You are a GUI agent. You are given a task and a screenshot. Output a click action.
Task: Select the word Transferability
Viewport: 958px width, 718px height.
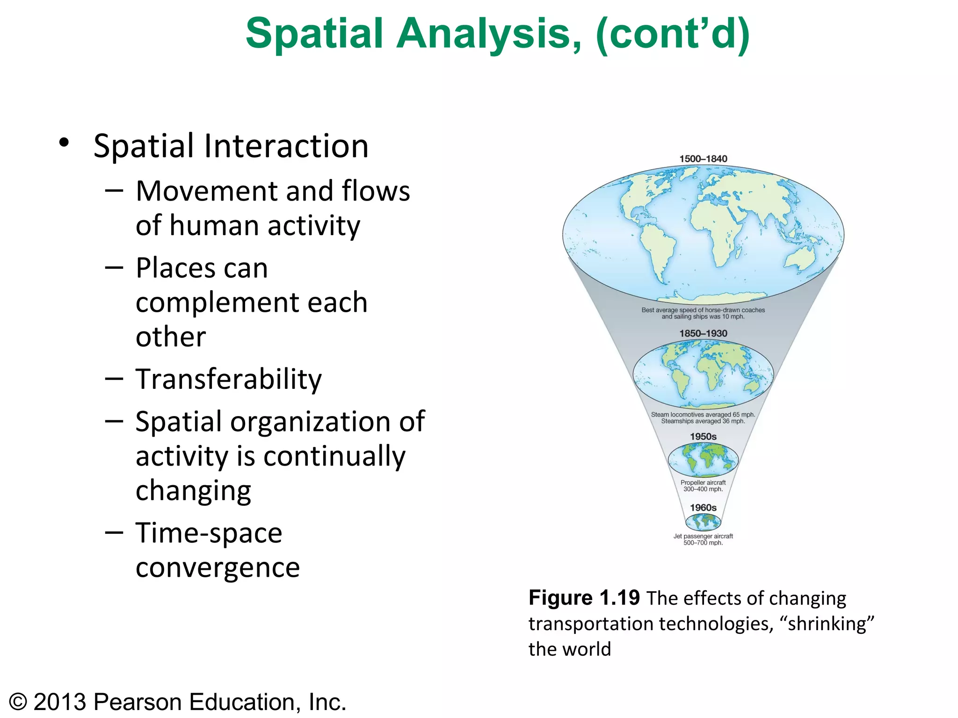point(228,379)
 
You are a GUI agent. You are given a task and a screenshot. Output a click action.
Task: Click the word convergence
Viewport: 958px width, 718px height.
point(218,568)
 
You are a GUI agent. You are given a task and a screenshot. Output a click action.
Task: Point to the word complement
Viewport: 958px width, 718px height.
point(251,302)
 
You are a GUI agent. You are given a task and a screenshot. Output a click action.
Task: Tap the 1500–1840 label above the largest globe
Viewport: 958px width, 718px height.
point(703,159)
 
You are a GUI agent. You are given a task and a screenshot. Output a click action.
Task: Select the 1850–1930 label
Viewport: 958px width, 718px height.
point(703,334)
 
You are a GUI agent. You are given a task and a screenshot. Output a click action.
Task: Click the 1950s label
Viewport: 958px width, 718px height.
point(703,437)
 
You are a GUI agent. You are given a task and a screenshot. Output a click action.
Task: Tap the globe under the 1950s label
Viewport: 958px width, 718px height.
point(703,460)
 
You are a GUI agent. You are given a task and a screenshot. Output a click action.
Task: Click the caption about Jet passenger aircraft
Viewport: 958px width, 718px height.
point(703,539)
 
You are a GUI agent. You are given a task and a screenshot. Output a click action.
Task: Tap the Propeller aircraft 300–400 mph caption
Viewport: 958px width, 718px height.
point(703,486)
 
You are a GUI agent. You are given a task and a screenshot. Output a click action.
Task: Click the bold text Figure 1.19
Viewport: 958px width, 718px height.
point(584,598)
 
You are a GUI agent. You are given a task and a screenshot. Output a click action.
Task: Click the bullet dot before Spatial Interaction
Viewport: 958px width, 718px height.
point(64,143)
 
